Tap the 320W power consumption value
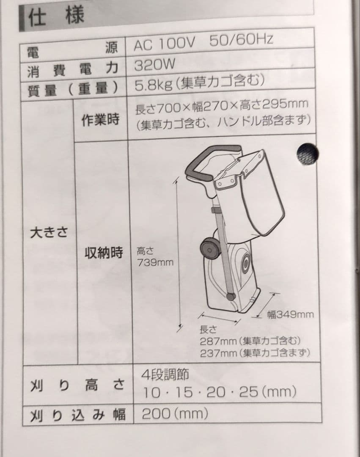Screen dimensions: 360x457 (155, 65)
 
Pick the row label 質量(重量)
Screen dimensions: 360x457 (73, 89)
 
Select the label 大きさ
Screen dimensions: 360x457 (49, 233)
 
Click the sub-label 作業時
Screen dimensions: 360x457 (100, 119)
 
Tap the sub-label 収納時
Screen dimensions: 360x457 (103, 252)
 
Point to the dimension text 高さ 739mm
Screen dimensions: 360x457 (155, 256)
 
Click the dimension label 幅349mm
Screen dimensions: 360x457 (290, 314)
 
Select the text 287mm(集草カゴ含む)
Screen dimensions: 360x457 (250, 341)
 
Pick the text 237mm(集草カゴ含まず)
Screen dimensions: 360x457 (255, 353)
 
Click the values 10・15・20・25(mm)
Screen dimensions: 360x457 (220, 392)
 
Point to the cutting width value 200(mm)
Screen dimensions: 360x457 (175, 413)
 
